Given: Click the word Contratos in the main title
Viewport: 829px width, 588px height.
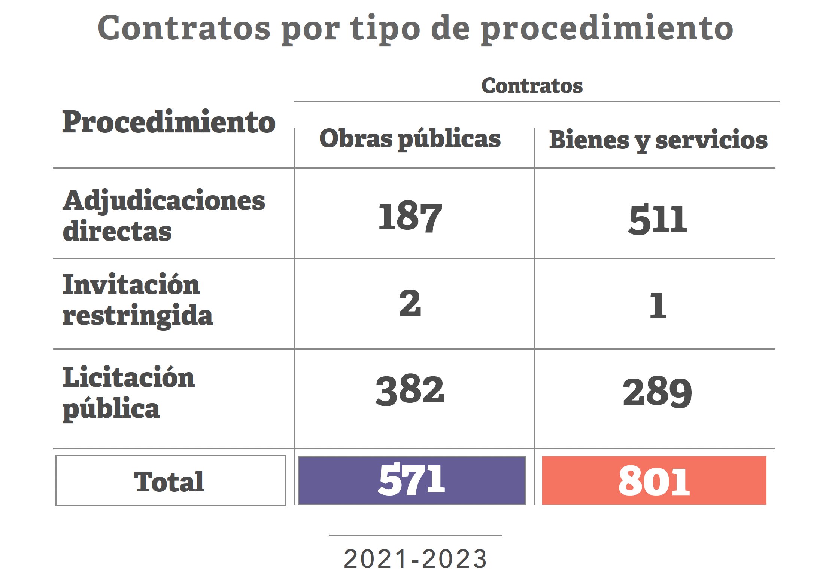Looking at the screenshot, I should [x=184, y=28].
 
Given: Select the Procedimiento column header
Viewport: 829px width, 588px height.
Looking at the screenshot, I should [x=169, y=122].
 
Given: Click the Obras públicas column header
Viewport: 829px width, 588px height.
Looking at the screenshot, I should [x=410, y=138].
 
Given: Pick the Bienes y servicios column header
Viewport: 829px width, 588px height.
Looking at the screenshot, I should [x=658, y=140].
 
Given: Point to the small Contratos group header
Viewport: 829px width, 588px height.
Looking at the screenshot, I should [x=532, y=86].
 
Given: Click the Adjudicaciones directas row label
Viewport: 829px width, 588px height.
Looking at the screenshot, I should [x=164, y=215].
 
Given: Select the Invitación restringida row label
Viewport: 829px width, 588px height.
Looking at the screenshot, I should [x=137, y=300].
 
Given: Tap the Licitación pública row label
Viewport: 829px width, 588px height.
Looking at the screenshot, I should [x=128, y=393].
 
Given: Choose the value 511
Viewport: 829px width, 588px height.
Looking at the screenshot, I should [x=658, y=220].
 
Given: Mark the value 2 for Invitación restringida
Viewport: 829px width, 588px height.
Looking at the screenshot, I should [x=410, y=303].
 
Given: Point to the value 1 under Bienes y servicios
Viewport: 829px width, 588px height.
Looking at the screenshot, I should [x=658, y=306].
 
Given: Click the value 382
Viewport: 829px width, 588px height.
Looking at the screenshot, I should [x=410, y=390].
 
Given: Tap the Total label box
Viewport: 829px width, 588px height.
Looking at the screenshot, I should [x=170, y=481].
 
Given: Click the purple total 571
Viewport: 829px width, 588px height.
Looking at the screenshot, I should [x=412, y=480].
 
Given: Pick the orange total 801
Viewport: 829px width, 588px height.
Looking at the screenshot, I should [x=654, y=481].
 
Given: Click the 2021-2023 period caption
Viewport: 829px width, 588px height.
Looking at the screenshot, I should [x=415, y=559].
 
